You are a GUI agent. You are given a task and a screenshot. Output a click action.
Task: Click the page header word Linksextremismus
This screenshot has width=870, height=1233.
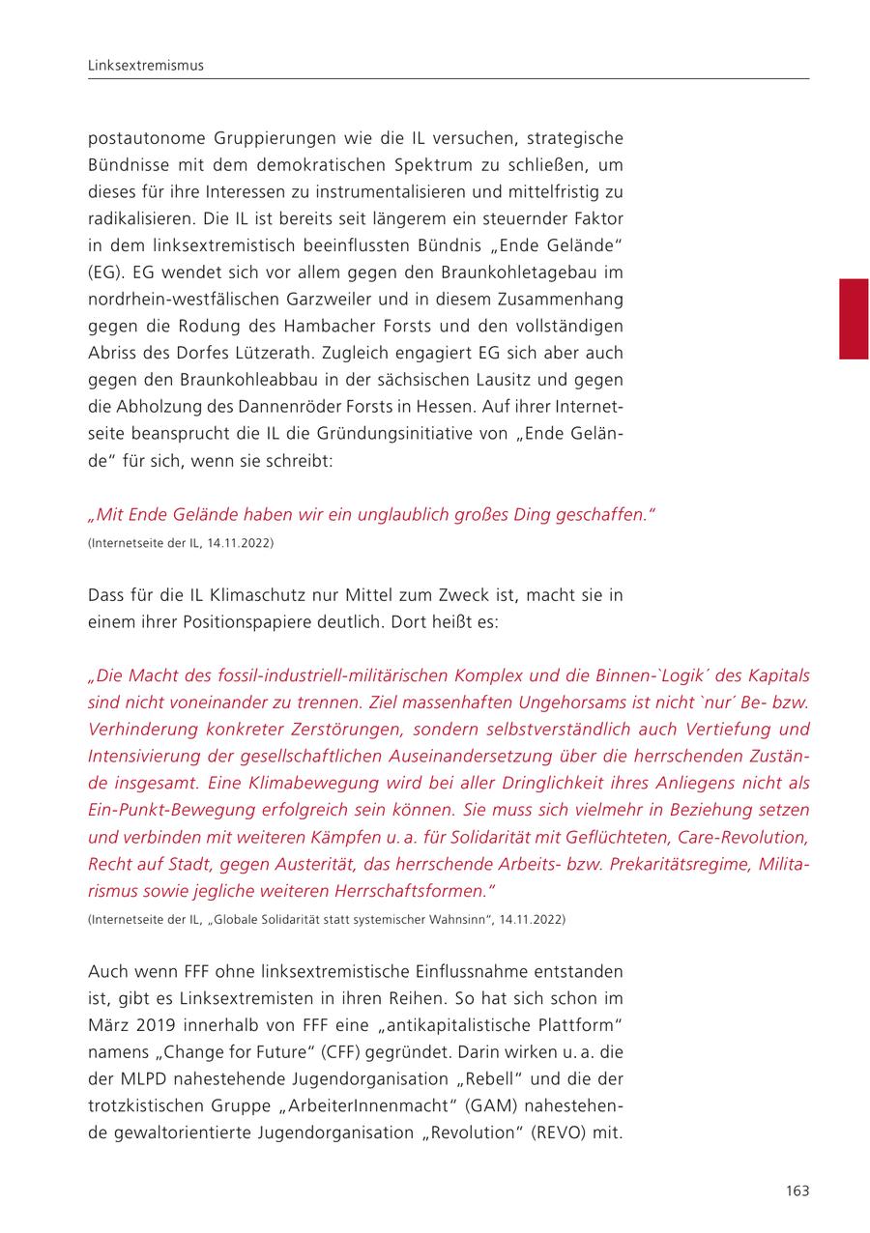[x=146, y=66]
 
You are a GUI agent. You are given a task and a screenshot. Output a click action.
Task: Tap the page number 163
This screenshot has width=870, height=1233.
[x=797, y=1190]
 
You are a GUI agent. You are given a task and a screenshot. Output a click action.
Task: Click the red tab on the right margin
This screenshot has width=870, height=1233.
[x=854, y=319]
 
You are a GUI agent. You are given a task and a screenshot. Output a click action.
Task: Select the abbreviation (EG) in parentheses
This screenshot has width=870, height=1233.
[x=104, y=272]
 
